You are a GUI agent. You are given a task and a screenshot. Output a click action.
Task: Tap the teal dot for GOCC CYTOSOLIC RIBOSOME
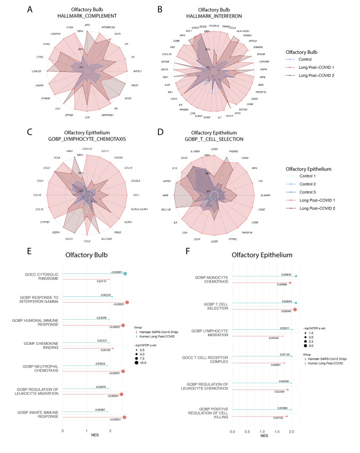click(125, 274)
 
